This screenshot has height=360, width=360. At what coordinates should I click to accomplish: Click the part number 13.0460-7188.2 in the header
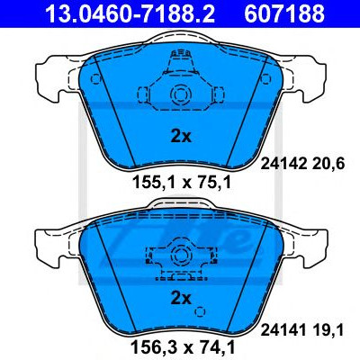pos(130,13)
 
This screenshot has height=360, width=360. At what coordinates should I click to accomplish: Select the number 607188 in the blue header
pos(284,13)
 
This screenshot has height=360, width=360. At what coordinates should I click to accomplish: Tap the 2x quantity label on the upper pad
pos(181,137)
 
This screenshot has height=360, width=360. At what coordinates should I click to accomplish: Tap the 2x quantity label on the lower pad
pos(181,298)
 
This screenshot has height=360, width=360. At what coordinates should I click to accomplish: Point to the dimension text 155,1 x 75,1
pos(182,182)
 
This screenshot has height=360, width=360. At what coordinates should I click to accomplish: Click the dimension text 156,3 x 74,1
pos(182,347)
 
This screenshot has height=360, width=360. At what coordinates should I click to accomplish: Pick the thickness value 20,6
pos(328,165)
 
